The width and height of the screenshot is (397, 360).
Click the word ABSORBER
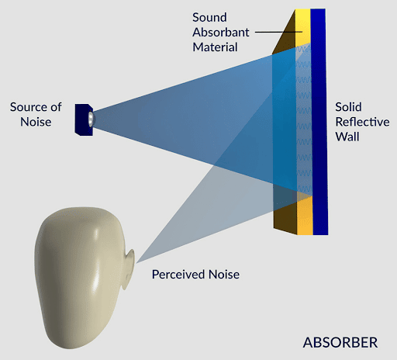click(x=340, y=342)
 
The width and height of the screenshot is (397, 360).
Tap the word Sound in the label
click(x=209, y=18)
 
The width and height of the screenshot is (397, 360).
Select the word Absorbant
click(x=221, y=33)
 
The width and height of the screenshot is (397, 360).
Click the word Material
click(x=215, y=47)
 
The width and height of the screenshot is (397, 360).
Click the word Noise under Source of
click(x=36, y=122)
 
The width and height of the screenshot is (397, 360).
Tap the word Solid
click(x=348, y=107)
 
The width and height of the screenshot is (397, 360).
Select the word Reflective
click(x=362, y=122)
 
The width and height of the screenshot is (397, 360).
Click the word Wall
click(x=347, y=137)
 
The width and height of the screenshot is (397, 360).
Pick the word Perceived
click(x=178, y=275)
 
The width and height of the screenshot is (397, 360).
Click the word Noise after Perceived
click(x=224, y=275)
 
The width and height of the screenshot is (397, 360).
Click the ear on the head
click(x=129, y=269)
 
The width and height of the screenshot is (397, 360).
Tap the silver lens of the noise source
click(x=91, y=119)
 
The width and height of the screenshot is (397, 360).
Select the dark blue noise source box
click(x=84, y=119)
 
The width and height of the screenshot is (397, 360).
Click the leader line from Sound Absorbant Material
click(x=278, y=32)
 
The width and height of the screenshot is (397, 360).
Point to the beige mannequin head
click(x=83, y=277)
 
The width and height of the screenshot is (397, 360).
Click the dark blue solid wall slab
click(x=319, y=122)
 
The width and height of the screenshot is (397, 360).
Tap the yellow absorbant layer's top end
click(x=302, y=10)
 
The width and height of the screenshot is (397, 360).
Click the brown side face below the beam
click(x=285, y=217)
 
